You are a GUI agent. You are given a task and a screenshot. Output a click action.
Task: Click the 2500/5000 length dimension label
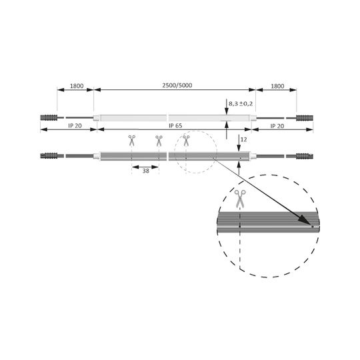click(x=177, y=85)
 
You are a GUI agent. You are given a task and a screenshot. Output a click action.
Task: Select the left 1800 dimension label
click(x=77, y=86)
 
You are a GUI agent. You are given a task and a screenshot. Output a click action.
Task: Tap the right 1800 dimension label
click(x=277, y=86)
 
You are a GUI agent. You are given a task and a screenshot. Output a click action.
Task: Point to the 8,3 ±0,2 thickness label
click(x=241, y=104)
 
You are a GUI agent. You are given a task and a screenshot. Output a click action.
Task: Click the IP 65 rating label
click(x=175, y=126)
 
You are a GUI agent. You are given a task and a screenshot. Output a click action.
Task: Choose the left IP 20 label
click(x=75, y=126)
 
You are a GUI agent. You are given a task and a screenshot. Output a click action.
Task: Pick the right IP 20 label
click(x=277, y=126)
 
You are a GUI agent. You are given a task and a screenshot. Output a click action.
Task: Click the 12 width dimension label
click(x=243, y=139)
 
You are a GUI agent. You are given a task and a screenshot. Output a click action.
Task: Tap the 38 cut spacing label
click(x=146, y=171)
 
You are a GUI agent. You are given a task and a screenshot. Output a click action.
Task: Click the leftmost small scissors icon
click(x=132, y=141)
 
